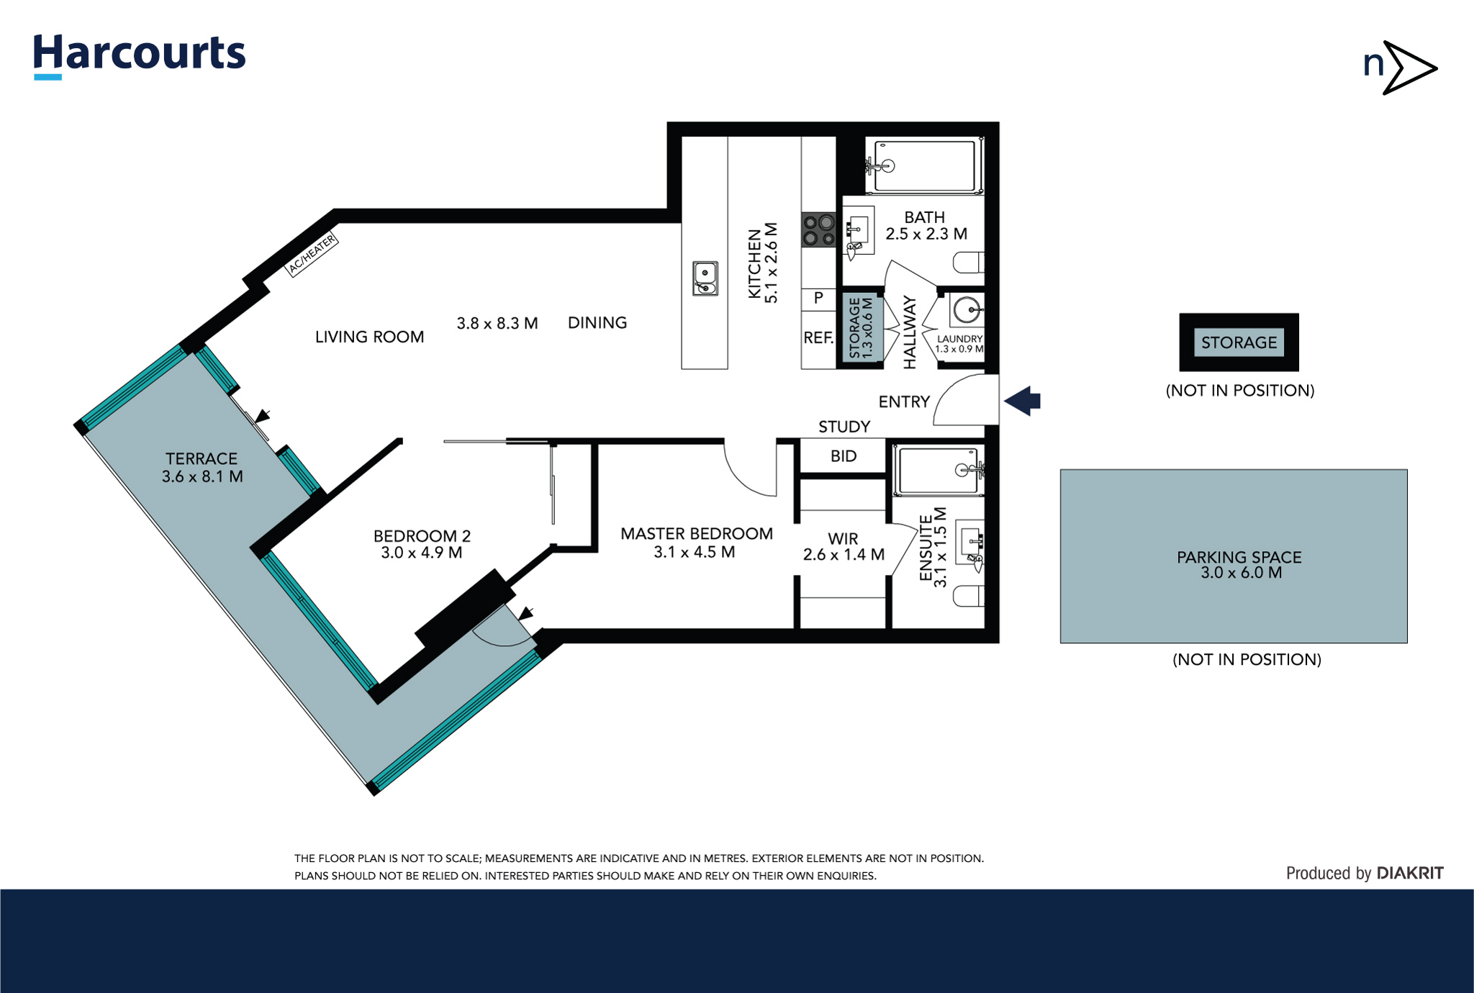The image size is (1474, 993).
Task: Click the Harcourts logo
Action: pos(139,55)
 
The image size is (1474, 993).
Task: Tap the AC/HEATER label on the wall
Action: pos(312,254)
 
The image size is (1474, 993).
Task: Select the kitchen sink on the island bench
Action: pos(705,278)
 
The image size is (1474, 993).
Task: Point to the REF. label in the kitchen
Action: pos(818,337)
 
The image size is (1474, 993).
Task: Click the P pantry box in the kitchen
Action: pos(818,298)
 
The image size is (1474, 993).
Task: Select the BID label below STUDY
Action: pos(843,456)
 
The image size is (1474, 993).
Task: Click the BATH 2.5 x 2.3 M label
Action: pos(926,225)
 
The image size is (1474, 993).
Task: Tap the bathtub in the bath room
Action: pos(924,166)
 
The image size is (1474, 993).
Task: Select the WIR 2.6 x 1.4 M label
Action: pos(843,547)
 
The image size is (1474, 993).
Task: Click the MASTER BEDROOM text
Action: pos(696,533)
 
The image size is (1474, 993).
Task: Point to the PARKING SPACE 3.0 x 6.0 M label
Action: pos(1239,564)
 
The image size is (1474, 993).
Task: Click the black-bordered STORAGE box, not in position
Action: pos(1238,343)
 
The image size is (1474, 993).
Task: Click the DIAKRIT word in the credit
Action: pos(1409,873)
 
